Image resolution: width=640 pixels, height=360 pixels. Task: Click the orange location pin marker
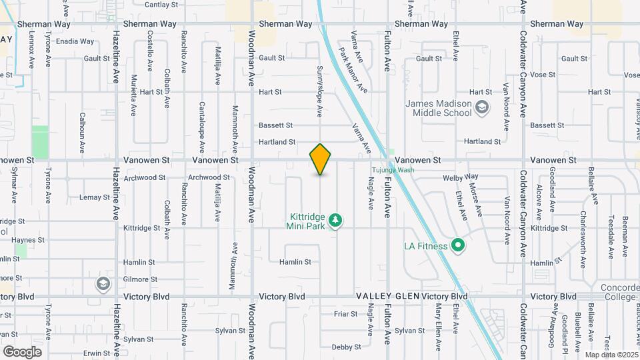click(321, 159)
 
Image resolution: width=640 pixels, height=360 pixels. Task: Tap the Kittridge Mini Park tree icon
click(337, 219)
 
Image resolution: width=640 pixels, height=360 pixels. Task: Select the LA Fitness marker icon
click(457, 246)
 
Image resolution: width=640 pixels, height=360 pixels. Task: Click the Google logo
click(22, 351)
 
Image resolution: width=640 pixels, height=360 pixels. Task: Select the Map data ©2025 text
click(610, 354)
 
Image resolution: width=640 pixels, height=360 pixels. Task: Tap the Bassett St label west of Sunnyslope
click(275, 125)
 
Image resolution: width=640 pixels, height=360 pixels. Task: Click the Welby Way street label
click(461, 177)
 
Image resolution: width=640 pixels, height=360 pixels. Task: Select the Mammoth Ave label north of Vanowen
click(235, 130)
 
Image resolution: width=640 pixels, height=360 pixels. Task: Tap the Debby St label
click(346, 347)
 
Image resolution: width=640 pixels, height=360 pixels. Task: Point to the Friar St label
click(346, 313)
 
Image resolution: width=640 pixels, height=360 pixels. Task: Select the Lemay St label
click(95, 197)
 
